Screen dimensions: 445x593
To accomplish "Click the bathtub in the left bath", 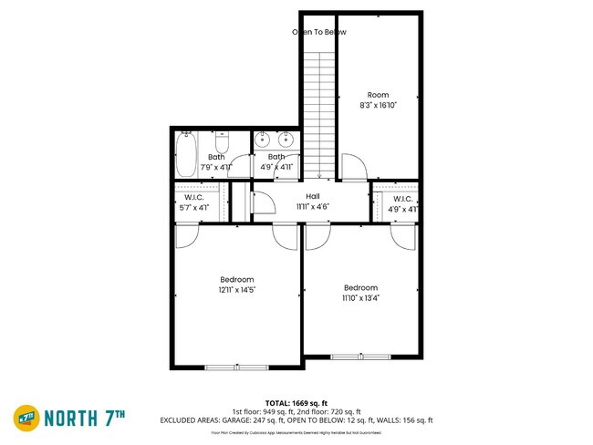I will [186, 154].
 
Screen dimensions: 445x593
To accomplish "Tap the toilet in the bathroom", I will [221, 145].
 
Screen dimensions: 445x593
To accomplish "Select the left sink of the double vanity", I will [263, 140].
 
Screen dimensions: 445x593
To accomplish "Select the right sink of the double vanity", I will [285, 140].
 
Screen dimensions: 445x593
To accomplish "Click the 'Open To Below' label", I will [318, 32].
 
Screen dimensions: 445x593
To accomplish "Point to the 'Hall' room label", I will [312, 196].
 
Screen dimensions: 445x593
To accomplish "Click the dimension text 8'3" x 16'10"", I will [378, 106].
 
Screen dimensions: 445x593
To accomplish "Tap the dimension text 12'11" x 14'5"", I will [236, 290].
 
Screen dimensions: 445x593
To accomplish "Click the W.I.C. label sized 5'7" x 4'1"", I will [192, 199].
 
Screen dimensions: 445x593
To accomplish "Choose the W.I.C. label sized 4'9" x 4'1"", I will [403, 199].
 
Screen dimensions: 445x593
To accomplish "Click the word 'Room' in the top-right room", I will [378, 95].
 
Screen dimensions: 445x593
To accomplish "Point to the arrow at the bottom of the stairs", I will [318, 175].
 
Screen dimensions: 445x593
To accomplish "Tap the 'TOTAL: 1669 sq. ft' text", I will [296, 402].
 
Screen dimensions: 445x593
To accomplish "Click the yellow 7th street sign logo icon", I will [26, 419].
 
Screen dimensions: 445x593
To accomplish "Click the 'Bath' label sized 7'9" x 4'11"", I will [216, 157].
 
